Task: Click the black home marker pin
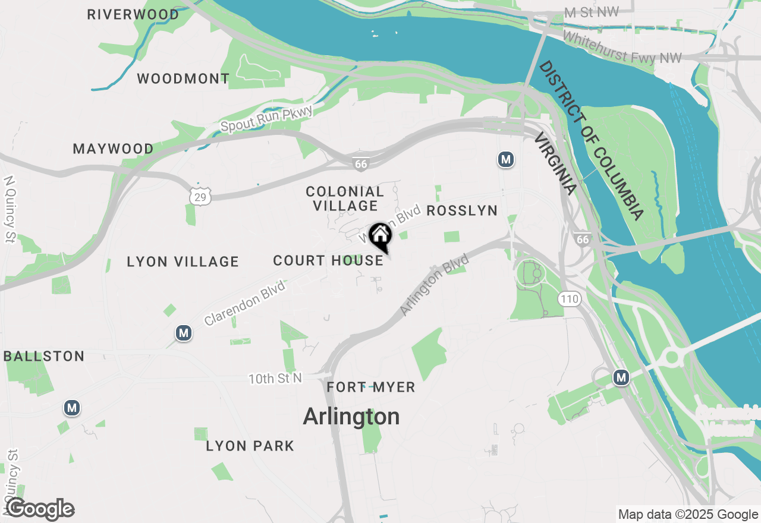click(380, 237)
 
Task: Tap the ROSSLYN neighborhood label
click(461, 211)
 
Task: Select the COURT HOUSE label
click(328, 260)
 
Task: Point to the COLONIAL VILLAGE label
click(345, 199)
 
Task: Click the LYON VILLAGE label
click(183, 261)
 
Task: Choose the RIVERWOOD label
click(133, 14)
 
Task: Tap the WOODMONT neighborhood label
click(183, 78)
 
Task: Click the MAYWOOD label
click(113, 149)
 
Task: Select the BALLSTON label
click(44, 357)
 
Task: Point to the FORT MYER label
click(371, 387)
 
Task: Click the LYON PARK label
click(250, 446)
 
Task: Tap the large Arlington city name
click(351, 417)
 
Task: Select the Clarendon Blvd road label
click(244, 303)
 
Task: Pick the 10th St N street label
click(275, 379)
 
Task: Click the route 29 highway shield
click(201, 196)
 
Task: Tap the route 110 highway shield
click(570, 299)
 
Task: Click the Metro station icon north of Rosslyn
click(505, 159)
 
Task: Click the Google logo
click(40, 509)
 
